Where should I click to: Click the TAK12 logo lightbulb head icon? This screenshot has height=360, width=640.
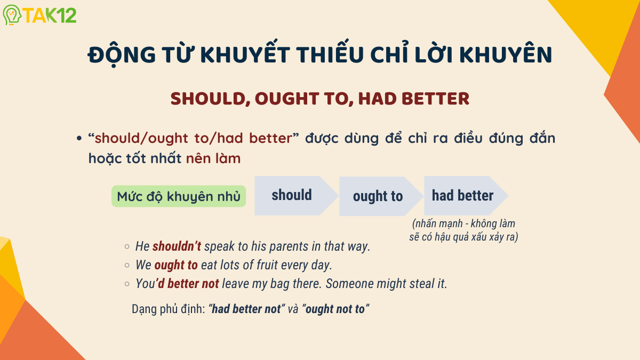[12, 15]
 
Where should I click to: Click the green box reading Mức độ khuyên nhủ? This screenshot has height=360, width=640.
[178, 196]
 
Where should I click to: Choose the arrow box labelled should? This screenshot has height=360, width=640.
[292, 196]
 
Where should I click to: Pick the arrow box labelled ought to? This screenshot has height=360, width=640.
[378, 196]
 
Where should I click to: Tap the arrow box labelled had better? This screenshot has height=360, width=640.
[462, 196]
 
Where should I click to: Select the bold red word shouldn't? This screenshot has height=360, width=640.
[177, 246]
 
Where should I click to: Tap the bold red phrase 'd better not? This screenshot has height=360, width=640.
[187, 284]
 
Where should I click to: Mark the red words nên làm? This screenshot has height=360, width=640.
[213, 158]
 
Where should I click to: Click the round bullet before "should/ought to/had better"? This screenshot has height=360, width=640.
[79, 139]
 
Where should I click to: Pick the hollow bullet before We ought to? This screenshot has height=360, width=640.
[126, 265]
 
